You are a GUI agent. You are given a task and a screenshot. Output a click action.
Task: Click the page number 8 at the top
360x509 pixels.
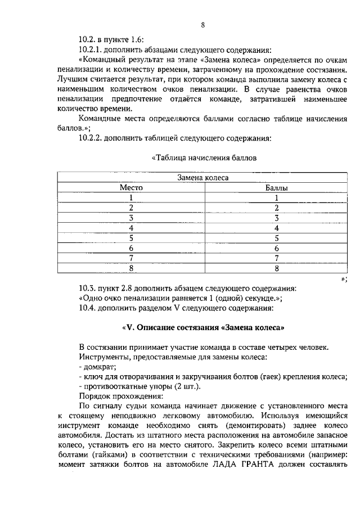point(202,25)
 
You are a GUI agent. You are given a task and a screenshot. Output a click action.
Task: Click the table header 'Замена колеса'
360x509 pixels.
point(203,177)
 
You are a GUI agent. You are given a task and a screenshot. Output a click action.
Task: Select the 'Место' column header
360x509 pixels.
point(130,187)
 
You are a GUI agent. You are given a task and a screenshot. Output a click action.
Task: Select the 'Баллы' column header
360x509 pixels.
point(276,187)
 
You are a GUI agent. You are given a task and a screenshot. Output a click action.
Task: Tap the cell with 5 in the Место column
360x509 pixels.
point(130,237)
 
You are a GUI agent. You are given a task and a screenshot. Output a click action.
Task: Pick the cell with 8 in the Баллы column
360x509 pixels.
point(276,268)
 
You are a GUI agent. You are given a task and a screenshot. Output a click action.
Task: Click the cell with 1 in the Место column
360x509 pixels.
point(130,197)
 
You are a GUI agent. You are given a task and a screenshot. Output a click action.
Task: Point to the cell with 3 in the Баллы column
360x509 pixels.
point(276,218)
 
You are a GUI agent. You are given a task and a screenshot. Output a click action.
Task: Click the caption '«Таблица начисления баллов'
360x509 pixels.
point(204,157)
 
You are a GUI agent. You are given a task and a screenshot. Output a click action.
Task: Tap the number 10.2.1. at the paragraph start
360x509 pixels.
point(92,49)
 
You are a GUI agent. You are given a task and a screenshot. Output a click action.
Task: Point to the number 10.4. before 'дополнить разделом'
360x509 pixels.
point(88,308)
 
